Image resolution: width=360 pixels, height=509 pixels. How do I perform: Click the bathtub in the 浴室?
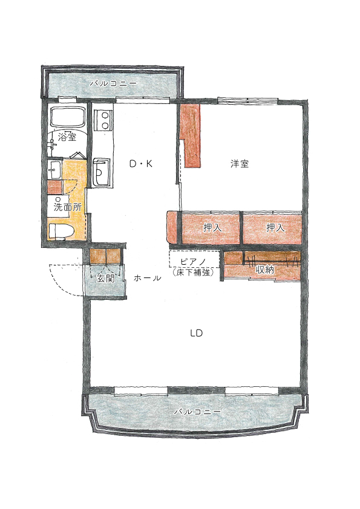click(x=67, y=117)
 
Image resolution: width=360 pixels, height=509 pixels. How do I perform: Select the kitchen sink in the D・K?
click(x=102, y=172)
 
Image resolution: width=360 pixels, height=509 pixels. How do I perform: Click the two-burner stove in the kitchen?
click(x=103, y=120)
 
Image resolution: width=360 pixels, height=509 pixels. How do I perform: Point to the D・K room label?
click(x=140, y=164)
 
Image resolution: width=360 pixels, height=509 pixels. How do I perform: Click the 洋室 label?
click(x=240, y=164)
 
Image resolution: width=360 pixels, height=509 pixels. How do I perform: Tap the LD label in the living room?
click(x=196, y=333)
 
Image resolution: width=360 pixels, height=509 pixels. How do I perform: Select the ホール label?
click(x=147, y=278)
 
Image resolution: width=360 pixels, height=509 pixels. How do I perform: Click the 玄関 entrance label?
click(x=106, y=278)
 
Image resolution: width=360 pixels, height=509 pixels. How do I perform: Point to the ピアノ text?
click(x=193, y=261)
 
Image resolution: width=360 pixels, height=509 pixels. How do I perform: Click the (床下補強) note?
click(x=193, y=272)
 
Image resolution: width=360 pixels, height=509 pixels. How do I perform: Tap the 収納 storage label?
click(x=265, y=269)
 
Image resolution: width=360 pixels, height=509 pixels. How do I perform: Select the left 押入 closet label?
click(x=212, y=227)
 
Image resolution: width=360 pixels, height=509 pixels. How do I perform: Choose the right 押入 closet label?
click(x=275, y=227)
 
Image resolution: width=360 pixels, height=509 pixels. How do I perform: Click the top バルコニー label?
click(x=113, y=83)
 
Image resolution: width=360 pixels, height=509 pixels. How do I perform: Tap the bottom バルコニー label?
click(x=197, y=412)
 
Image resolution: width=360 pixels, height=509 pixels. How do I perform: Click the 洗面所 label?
click(x=68, y=207)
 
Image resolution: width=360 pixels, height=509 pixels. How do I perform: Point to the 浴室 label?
click(x=67, y=137)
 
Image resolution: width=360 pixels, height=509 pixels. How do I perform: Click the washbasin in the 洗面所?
click(x=54, y=169)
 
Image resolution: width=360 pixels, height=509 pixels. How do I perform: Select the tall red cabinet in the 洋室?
click(x=192, y=135)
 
